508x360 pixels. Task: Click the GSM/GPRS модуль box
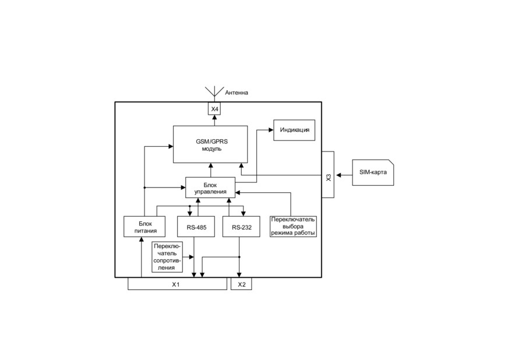click(210, 144)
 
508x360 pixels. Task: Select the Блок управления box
click(210, 188)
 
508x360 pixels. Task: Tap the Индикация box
click(294, 130)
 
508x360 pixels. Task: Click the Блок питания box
click(144, 227)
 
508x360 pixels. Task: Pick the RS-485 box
click(196, 227)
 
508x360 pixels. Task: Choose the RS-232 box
click(241, 227)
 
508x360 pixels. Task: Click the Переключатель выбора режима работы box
click(293, 227)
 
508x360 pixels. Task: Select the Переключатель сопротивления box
click(167, 257)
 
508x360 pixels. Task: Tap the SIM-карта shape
click(373, 172)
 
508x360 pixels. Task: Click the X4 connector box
click(214, 108)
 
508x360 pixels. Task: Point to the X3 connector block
click(328, 174)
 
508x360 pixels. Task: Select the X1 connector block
click(177, 284)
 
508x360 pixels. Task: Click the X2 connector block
click(241, 284)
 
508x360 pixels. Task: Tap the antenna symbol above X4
click(214, 92)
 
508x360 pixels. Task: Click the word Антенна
click(237, 93)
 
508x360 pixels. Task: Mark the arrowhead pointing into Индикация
click(271, 130)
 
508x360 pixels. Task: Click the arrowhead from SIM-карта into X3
click(338, 175)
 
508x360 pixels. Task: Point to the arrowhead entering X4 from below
click(214, 117)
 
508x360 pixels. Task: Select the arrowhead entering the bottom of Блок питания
click(141, 239)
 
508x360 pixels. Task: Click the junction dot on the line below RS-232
click(239, 257)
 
